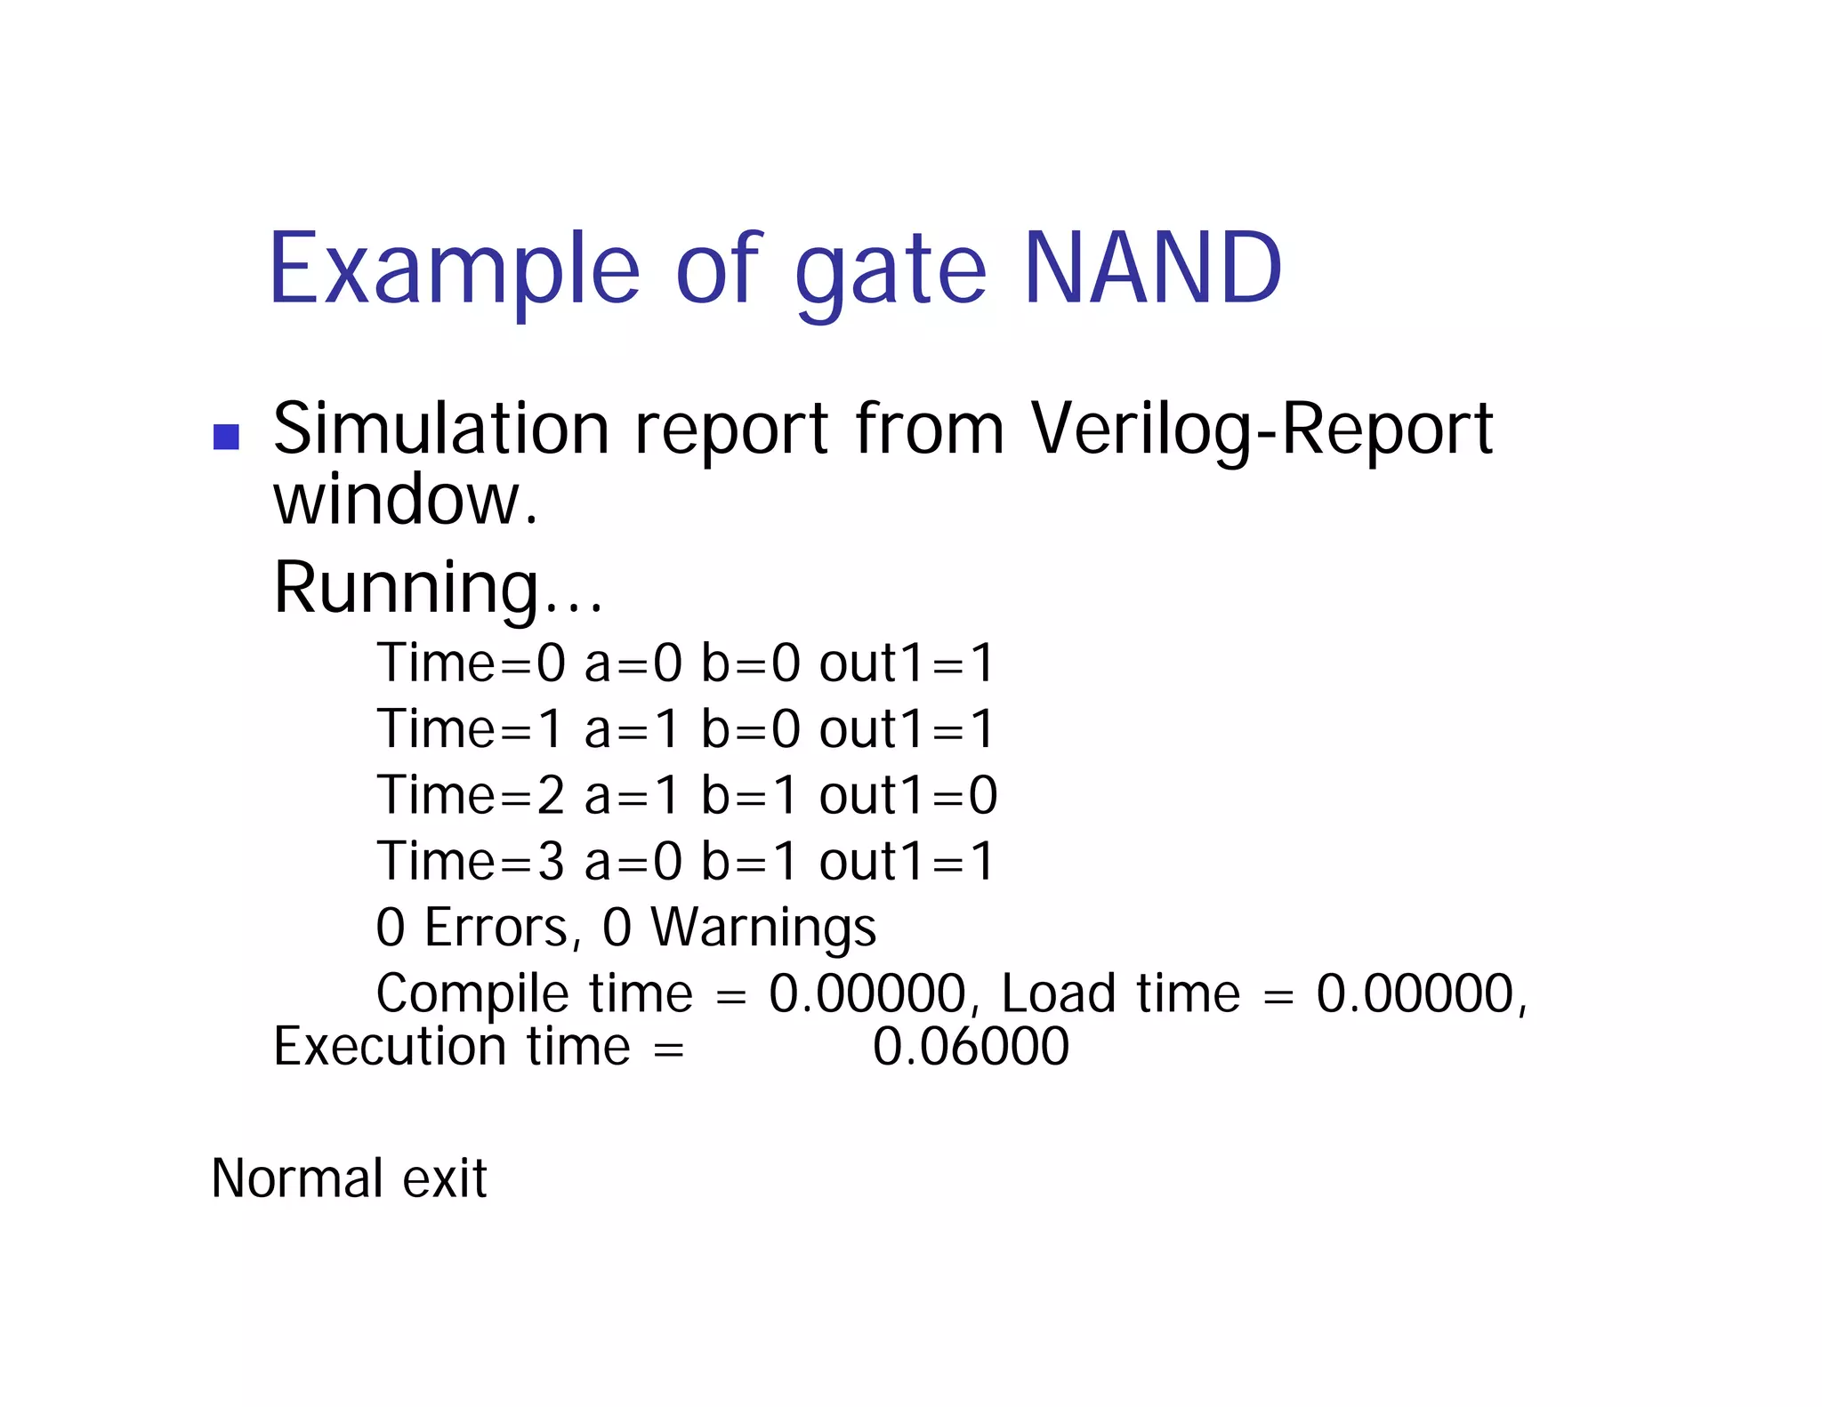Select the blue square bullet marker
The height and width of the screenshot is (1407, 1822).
[227, 437]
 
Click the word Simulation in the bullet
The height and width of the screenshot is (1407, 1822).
[441, 429]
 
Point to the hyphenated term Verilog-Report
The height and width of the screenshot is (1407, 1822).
[1262, 430]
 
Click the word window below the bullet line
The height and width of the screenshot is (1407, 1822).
[405, 500]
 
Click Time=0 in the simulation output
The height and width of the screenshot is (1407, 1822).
[472, 663]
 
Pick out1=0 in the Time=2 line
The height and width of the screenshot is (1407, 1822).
[907, 795]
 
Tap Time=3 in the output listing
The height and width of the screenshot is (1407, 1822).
[472, 862]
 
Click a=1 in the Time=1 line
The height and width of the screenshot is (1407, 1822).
[631, 729]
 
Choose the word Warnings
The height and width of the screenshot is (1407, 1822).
[763, 928]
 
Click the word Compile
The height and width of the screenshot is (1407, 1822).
[472, 994]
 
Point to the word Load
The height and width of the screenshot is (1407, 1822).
[1058, 994]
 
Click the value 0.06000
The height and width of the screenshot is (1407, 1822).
[971, 1047]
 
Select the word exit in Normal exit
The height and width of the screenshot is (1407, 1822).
[444, 1178]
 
